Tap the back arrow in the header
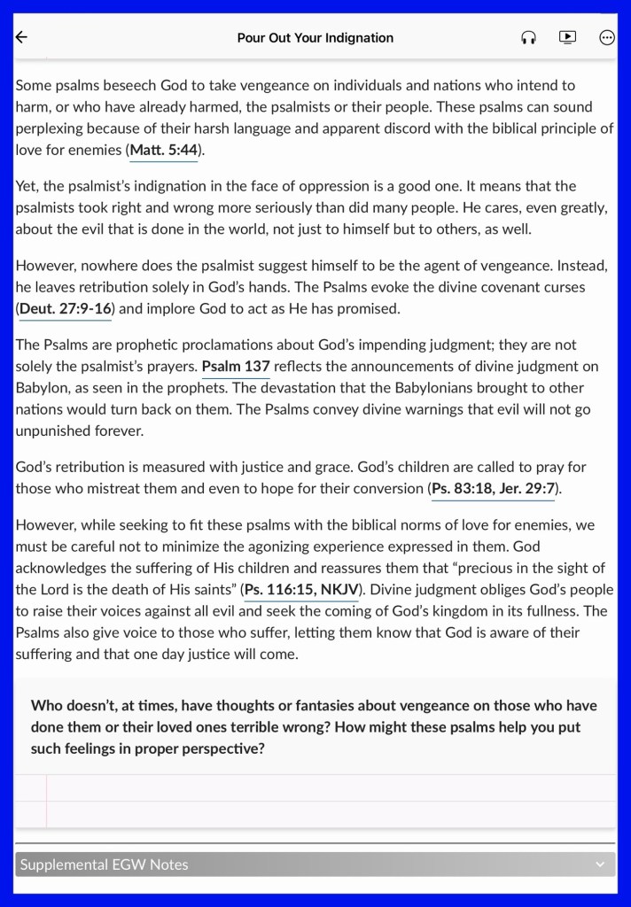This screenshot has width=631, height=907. (x=22, y=37)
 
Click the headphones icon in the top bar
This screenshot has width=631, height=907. (x=528, y=37)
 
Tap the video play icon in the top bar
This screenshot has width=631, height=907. (x=567, y=37)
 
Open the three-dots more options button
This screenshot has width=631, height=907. (x=607, y=37)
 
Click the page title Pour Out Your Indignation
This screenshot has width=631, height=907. (x=315, y=38)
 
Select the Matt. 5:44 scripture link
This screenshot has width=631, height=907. (x=164, y=150)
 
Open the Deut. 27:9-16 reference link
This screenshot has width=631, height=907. (x=66, y=309)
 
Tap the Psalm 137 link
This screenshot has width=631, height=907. (x=236, y=366)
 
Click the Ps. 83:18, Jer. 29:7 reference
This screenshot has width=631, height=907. (x=495, y=488)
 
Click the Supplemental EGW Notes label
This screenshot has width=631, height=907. (x=105, y=864)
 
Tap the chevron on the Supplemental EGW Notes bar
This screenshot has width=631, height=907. (x=600, y=864)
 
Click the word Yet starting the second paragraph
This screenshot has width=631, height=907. (x=27, y=186)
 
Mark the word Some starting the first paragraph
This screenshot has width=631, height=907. (x=34, y=85)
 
